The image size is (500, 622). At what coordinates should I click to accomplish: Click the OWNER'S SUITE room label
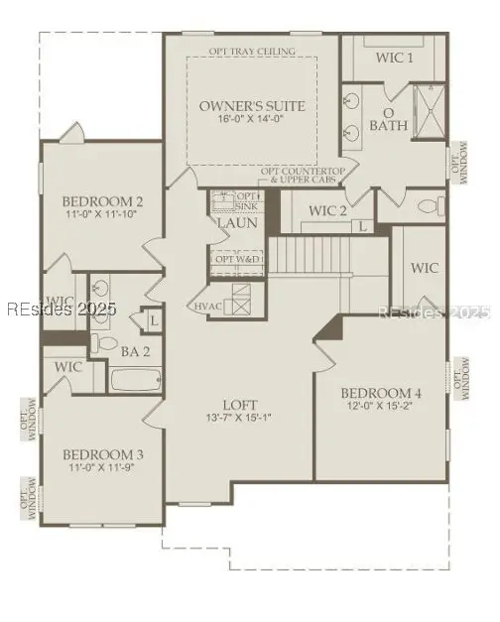click(x=252, y=105)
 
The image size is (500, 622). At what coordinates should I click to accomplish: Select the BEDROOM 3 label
click(x=106, y=454)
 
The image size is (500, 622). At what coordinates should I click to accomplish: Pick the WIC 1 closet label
click(x=394, y=58)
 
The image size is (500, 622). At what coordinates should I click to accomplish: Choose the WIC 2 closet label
click(x=327, y=210)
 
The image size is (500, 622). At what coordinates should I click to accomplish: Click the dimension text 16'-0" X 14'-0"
click(x=252, y=119)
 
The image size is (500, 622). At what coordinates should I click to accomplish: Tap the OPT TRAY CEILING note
click(x=252, y=51)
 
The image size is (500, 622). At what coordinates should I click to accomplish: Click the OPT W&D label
click(x=237, y=259)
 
